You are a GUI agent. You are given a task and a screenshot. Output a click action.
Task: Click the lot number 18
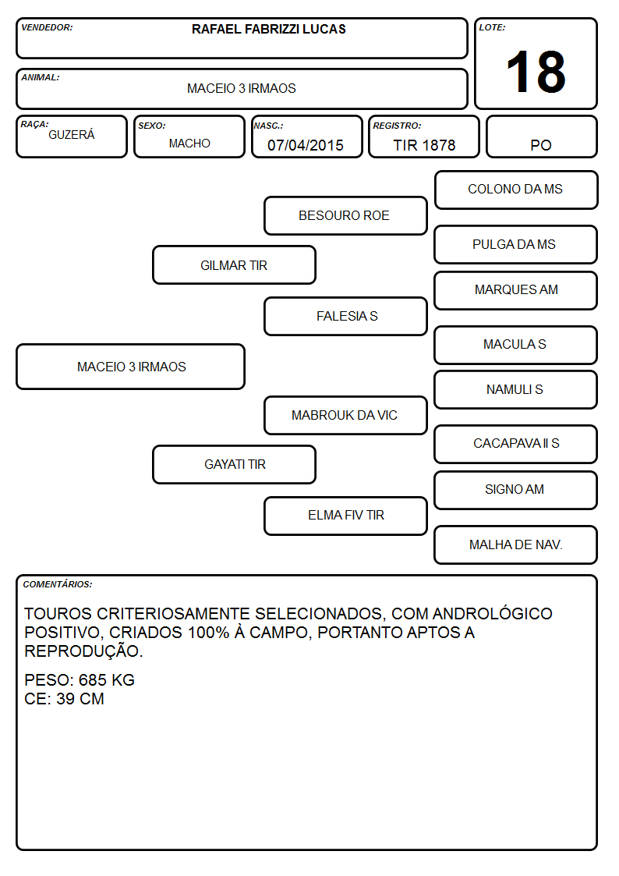(x=536, y=72)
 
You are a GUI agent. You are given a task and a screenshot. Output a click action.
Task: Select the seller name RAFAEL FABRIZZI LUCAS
(x=268, y=29)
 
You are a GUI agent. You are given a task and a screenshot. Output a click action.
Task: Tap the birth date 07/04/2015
(x=306, y=145)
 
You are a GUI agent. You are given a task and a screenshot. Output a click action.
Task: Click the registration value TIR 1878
(x=424, y=145)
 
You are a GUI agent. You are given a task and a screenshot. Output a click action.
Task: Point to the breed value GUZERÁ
(x=72, y=134)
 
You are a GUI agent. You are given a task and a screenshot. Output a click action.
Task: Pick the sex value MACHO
(x=189, y=144)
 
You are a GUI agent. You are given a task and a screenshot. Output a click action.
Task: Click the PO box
(x=541, y=137)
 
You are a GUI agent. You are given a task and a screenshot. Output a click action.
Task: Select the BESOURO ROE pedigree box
(x=345, y=215)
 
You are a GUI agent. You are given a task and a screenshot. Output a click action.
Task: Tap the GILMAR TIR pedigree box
(x=235, y=264)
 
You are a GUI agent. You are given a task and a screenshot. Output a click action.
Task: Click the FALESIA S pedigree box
(x=345, y=316)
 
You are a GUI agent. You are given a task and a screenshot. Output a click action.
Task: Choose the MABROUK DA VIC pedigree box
(x=345, y=415)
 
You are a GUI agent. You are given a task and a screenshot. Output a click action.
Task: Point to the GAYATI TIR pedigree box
(x=235, y=464)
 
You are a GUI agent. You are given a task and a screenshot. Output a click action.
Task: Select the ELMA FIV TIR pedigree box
(x=345, y=516)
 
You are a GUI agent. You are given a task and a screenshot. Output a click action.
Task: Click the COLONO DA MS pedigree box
(x=516, y=190)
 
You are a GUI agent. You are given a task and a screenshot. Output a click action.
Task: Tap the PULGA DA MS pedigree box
(x=516, y=244)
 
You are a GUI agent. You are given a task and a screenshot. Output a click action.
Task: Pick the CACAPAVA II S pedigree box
(x=516, y=444)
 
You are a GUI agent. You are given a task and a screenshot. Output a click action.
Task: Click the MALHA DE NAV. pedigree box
(x=516, y=544)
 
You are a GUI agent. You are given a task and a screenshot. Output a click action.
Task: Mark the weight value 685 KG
(x=107, y=680)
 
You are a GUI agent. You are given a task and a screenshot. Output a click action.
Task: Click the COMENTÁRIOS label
(x=58, y=584)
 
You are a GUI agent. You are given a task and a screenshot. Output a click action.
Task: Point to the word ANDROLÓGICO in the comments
(x=492, y=613)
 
